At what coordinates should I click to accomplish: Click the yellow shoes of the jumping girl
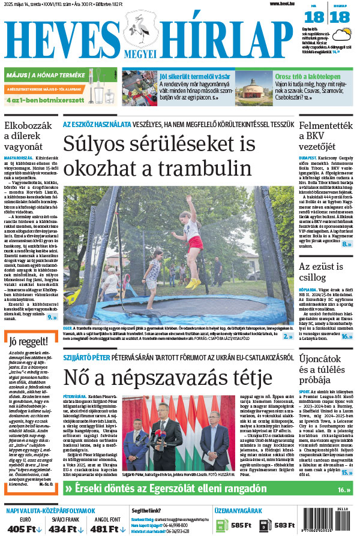pos(191,282)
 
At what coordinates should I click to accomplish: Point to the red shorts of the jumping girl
pos(194,242)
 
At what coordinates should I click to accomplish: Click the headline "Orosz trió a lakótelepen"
pos(292,76)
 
